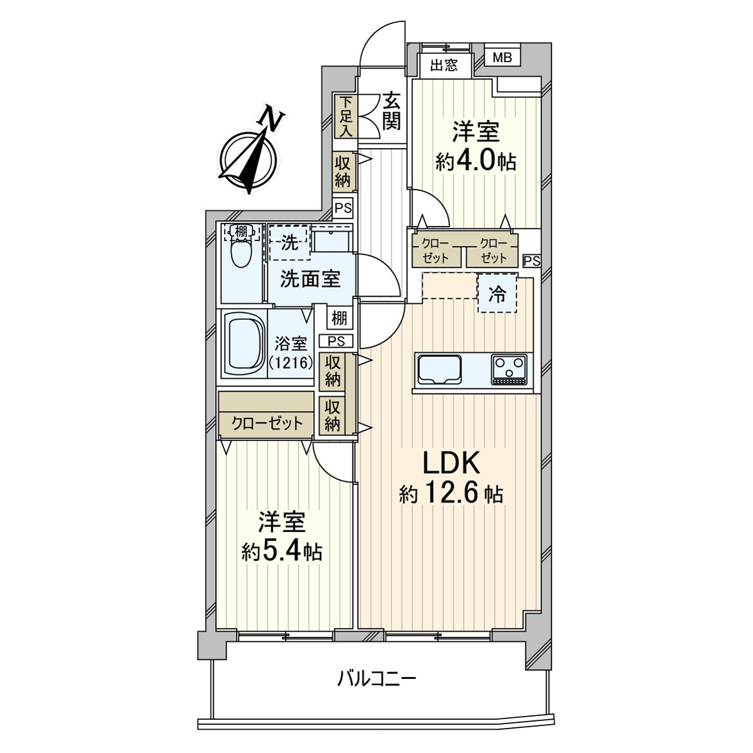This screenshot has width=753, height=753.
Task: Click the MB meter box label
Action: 502,58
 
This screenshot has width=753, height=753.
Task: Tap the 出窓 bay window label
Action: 444,65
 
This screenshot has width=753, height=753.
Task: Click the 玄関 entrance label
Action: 391,110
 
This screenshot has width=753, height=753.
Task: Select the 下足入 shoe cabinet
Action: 345,116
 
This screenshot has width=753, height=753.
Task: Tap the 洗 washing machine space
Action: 290,243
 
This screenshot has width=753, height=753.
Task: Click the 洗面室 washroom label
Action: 310,279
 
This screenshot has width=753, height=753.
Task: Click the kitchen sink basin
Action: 440,369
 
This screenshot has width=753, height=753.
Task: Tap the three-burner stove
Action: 508,369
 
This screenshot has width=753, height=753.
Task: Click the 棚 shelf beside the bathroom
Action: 339,319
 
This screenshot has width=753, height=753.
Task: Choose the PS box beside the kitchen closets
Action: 532,260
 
